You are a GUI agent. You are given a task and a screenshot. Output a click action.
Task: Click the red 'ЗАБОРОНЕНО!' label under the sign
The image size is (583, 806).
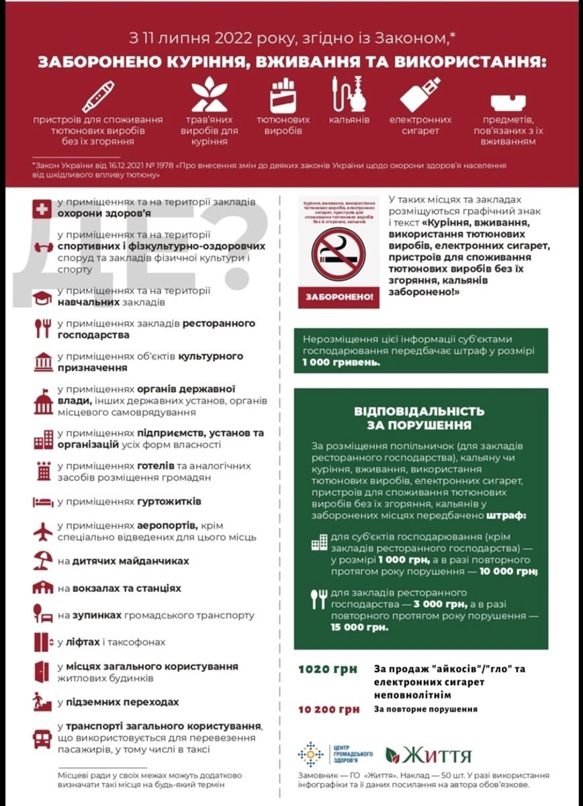pyautogui.click(x=339, y=296)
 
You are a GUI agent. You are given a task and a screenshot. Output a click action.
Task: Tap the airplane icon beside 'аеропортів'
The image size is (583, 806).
pyautogui.click(x=43, y=530)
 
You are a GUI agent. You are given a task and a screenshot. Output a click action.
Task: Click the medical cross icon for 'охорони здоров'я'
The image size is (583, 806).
pyautogui.click(x=42, y=209)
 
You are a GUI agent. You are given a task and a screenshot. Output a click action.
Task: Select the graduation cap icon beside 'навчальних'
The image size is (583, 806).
pyautogui.click(x=42, y=297)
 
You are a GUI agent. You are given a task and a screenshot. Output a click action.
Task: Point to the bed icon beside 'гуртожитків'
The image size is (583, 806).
pyautogui.click(x=43, y=502)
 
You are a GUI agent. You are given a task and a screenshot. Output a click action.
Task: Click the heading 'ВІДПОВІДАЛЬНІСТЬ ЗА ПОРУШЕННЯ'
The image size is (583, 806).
pyautogui.click(x=418, y=418)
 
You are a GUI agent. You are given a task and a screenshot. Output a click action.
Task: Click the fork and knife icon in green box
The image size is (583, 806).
pyautogui.click(x=319, y=597)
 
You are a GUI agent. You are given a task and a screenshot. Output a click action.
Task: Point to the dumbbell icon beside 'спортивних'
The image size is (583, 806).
pyautogui.click(x=43, y=247)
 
